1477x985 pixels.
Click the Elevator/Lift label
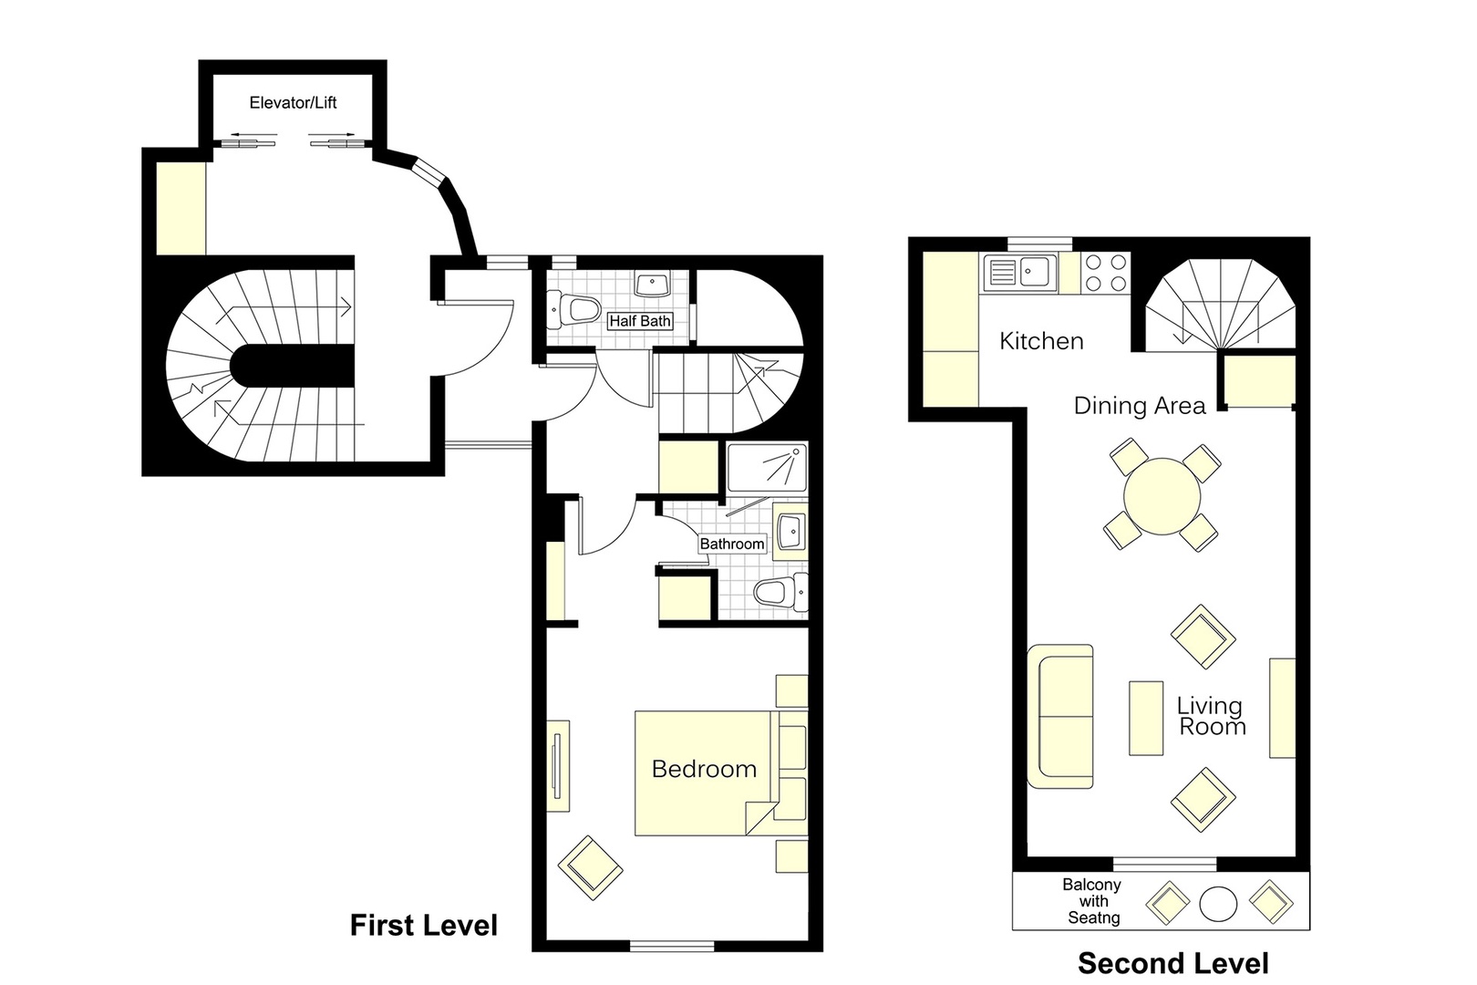tap(293, 103)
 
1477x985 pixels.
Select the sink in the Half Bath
tap(653, 285)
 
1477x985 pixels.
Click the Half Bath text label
tap(640, 321)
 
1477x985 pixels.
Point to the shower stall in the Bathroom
tap(767, 468)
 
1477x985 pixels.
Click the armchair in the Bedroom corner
tap(590, 868)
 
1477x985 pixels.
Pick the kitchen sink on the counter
tap(1019, 272)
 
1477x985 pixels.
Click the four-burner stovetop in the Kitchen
tap(1106, 273)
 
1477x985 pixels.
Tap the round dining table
tap(1162, 497)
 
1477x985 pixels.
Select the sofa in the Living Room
tap(1060, 716)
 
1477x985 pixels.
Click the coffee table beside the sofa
tap(1146, 718)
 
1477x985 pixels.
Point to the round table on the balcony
tap(1218, 904)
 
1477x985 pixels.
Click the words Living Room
tap(1211, 716)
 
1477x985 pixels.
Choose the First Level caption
tap(424, 926)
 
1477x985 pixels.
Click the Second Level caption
tap(1172, 963)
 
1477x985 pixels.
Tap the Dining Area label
tap(1139, 406)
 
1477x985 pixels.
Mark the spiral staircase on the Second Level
tap(1220, 306)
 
